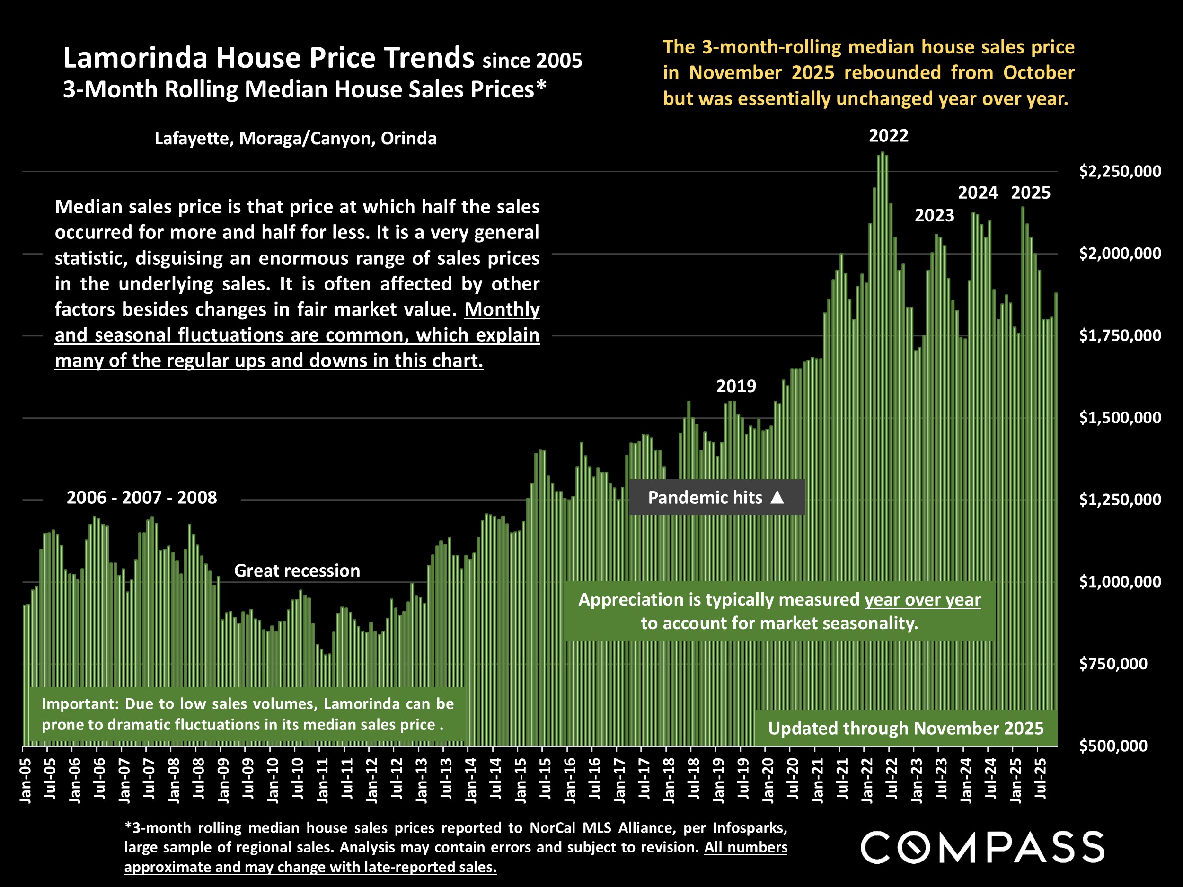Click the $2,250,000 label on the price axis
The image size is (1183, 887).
pos(1120,172)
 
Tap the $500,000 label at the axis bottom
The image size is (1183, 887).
pos(1113,746)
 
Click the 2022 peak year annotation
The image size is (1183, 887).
pos(888,136)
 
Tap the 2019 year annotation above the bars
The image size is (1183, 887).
pos(736,386)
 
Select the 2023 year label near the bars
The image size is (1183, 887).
pos(934,215)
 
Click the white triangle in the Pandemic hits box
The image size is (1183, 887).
pos(777,498)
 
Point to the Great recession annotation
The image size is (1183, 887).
pos(297,571)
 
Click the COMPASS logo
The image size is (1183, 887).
pos(982,847)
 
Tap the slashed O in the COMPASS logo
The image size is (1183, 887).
pos(914,848)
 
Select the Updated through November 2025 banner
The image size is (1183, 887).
pos(905,728)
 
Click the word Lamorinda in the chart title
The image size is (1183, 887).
pos(135,58)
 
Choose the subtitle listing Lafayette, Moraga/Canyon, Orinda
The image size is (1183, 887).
pos(295,139)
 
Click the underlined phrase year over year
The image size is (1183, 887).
pos(923,600)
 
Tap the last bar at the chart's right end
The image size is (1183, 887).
pos(1056,518)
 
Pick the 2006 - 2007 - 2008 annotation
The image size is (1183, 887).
pos(142,498)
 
